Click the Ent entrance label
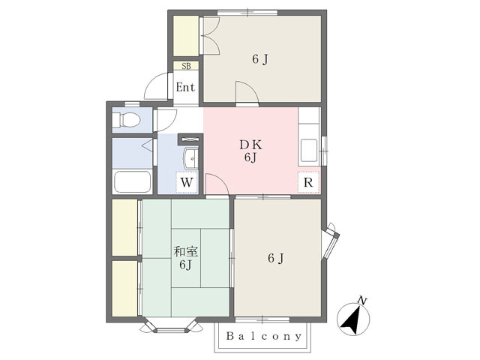click(x=185, y=88)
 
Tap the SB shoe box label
click(x=186, y=66)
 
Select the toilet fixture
click(x=127, y=120)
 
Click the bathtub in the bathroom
click(x=133, y=181)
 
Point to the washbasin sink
click(x=191, y=158)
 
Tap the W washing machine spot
click(x=187, y=182)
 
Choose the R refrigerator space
click(x=308, y=182)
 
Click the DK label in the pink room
click(x=250, y=145)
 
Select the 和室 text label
click(x=186, y=252)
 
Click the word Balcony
click(x=264, y=337)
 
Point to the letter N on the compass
click(x=362, y=301)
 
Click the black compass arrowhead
click(x=352, y=321)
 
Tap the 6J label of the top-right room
click(x=260, y=59)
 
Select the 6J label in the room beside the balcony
click(x=276, y=258)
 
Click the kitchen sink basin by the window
click(x=309, y=150)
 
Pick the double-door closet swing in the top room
click(x=211, y=35)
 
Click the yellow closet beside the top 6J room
click(x=186, y=36)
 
